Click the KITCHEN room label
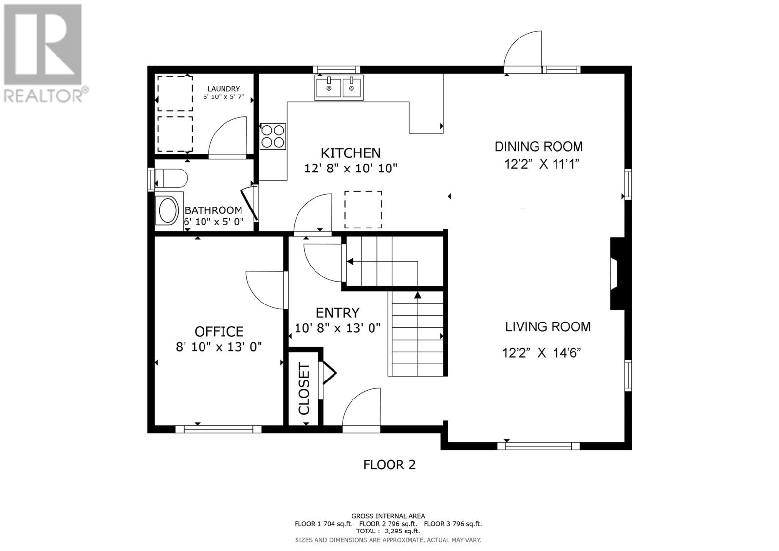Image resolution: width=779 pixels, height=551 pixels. (x=351, y=153)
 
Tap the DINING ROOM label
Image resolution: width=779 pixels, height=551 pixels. (x=538, y=147)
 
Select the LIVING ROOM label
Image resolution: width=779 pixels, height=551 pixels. (x=548, y=327)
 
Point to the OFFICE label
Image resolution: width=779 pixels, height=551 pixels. (x=219, y=332)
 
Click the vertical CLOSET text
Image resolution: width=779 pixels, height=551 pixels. (x=304, y=389)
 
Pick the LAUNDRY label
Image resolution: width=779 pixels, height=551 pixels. (x=223, y=89)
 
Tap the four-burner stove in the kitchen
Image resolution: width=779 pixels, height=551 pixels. (x=273, y=136)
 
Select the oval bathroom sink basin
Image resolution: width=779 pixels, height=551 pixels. (x=168, y=210)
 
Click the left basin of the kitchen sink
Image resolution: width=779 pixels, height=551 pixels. (x=328, y=88)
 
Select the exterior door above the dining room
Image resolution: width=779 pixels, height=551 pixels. (x=523, y=52)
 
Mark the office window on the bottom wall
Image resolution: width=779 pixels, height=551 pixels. (x=219, y=429)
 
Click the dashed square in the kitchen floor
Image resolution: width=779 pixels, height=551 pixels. (x=363, y=209)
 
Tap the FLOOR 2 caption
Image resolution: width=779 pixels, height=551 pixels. (x=389, y=465)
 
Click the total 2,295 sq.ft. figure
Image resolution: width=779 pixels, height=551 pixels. (x=402, y=531)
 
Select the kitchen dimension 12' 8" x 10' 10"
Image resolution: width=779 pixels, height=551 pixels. (x=351, y=169)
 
